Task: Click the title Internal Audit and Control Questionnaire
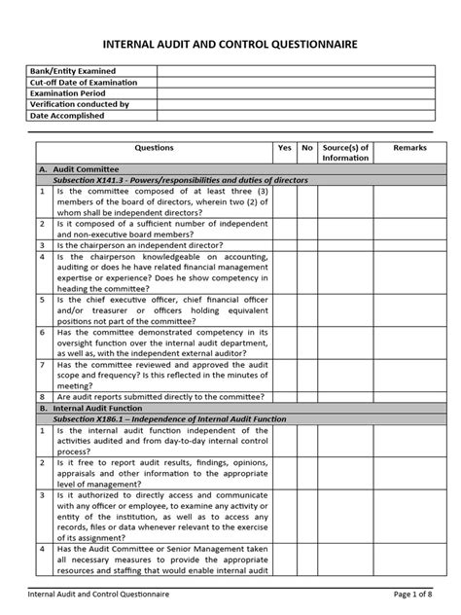pos(230,45)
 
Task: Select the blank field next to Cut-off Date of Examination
pos(292,83)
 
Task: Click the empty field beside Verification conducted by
pos(292,104)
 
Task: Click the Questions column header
pos(155,148)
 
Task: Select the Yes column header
pos(284,148)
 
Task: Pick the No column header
pos(307,148)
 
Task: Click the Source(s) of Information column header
pos(345,153)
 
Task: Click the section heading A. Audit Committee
pos(77,169)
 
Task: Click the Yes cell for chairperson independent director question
pos(284,246)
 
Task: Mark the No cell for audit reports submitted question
pos(307,397)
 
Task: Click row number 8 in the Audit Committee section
pos(44,397)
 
